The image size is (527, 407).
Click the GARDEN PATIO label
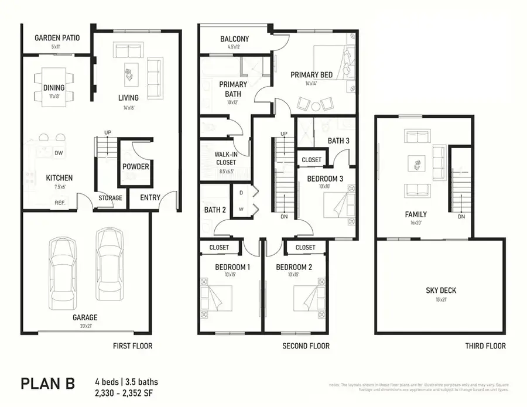tap(57, 38)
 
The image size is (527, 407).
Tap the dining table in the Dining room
tap(54, 88)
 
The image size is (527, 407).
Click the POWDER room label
tap(135, 167)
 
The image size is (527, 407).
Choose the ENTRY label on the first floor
tap(150, 198)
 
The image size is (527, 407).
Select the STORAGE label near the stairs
tap(110, 198)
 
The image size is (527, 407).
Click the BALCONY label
tap(234, 39)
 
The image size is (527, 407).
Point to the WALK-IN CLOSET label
tap(225, 158)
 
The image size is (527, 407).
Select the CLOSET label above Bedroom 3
tap(312, 160)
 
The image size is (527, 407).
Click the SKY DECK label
tap(441, 290)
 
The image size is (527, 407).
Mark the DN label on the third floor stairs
tap(461, 217)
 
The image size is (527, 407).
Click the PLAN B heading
tap(48, 384)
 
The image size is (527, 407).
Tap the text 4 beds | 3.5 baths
tap(126, 382)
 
